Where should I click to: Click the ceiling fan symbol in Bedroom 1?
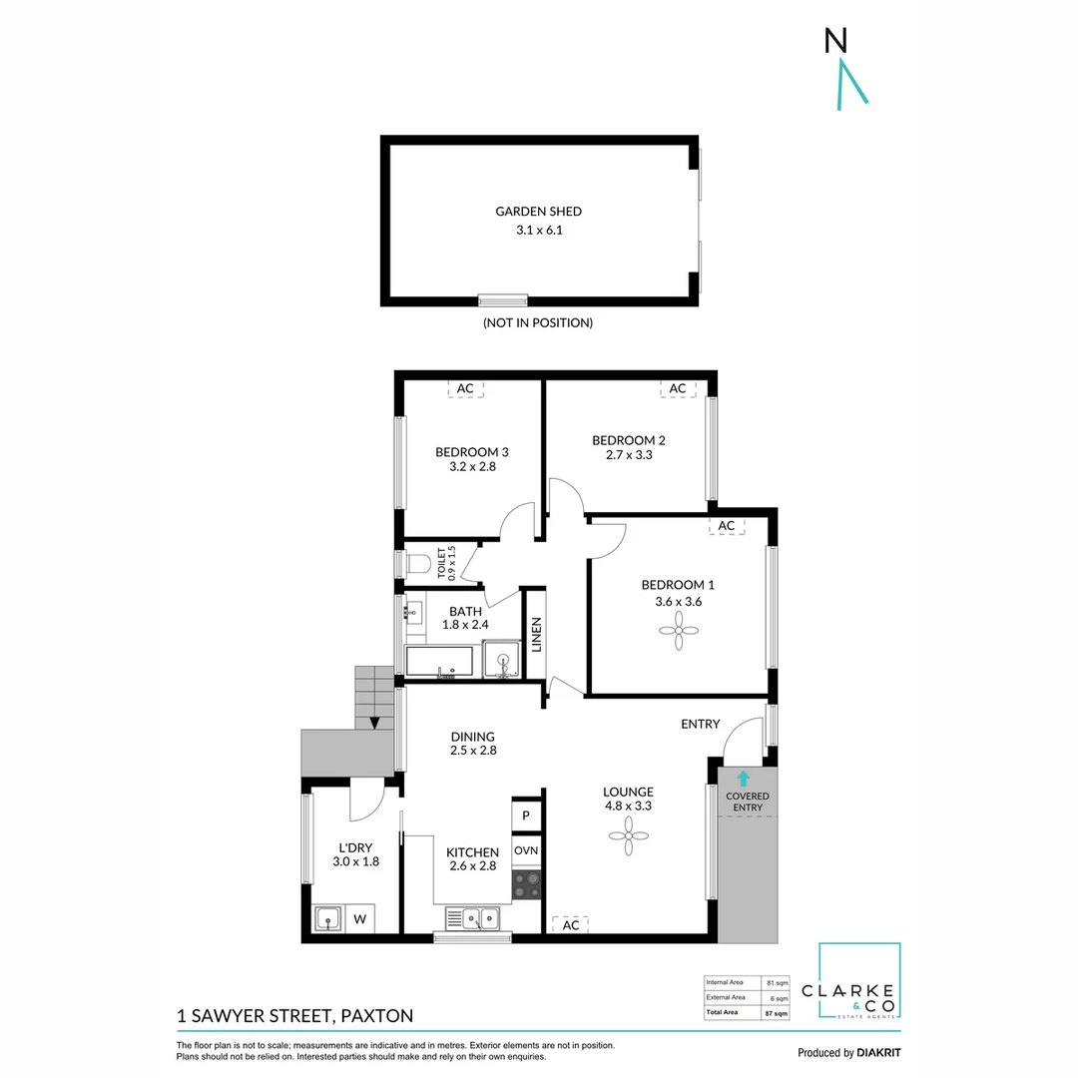click(678, 631)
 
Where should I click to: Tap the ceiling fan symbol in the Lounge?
click(628, 836)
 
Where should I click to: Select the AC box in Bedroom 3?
click(465, 389)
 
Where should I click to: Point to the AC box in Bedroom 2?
click(678, 388)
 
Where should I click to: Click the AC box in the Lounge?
click(570, 925)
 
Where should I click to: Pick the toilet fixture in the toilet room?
click(418, 564)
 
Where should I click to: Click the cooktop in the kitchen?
click(526, 884)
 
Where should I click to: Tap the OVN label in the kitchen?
click(526, 850)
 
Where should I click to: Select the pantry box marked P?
click(526, 815)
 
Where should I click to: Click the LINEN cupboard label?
click(536, 636)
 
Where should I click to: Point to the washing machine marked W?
click(359, 918)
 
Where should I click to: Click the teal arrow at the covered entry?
click(743, 777)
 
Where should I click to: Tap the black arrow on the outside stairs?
click(374, 722)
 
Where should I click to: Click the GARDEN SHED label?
click(538, 211)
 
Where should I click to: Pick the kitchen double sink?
click(473, 918)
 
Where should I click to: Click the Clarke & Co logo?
click(858, 983)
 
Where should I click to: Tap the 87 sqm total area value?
click(776, 1013)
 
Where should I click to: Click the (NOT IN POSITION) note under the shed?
click(538, 322)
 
